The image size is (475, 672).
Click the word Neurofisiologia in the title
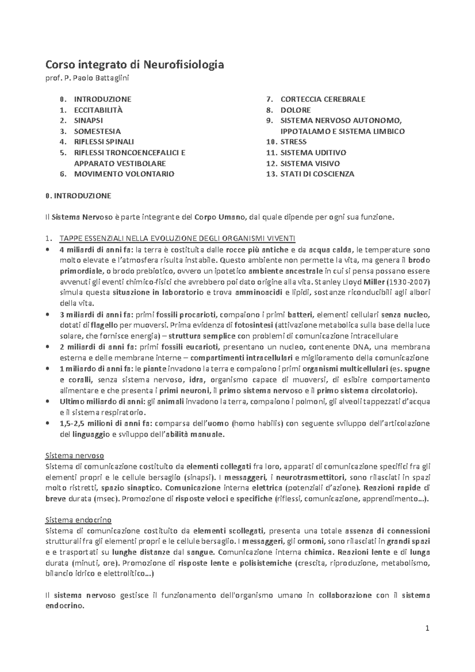[x=183, y=64]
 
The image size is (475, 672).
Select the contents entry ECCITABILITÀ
[x=98, y=110]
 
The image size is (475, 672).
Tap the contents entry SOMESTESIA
[x=97, y=131]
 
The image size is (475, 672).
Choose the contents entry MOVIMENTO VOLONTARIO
[x=124, y=174]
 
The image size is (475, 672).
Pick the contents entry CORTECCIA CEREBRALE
[x=323, y=99]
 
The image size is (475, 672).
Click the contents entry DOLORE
[x=295, y=110]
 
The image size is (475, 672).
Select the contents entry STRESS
[x=293, y=142]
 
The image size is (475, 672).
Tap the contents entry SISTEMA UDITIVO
[x=313, y=153]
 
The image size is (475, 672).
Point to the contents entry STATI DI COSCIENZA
[x=317, y=174]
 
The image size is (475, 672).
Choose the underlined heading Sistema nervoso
[x=75, y=456]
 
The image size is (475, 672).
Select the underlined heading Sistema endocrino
[x=78, y=520]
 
